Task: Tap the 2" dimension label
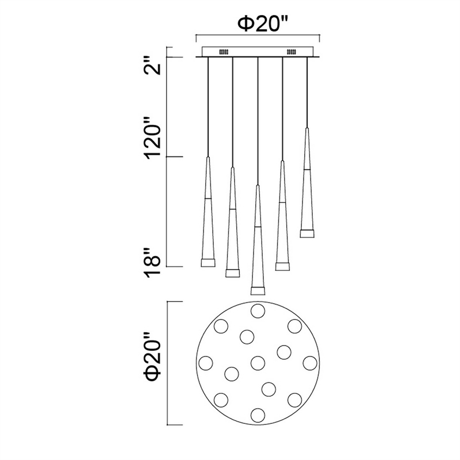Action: [154, 67]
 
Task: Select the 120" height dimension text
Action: [154, 138]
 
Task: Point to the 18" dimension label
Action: [154, 264]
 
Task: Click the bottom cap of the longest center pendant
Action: [258, 290]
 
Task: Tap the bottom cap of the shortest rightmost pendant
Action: [307, 233]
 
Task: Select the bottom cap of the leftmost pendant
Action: [208, 263]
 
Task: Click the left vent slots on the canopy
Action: [224, 52]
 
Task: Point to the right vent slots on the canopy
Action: [292, 52]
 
